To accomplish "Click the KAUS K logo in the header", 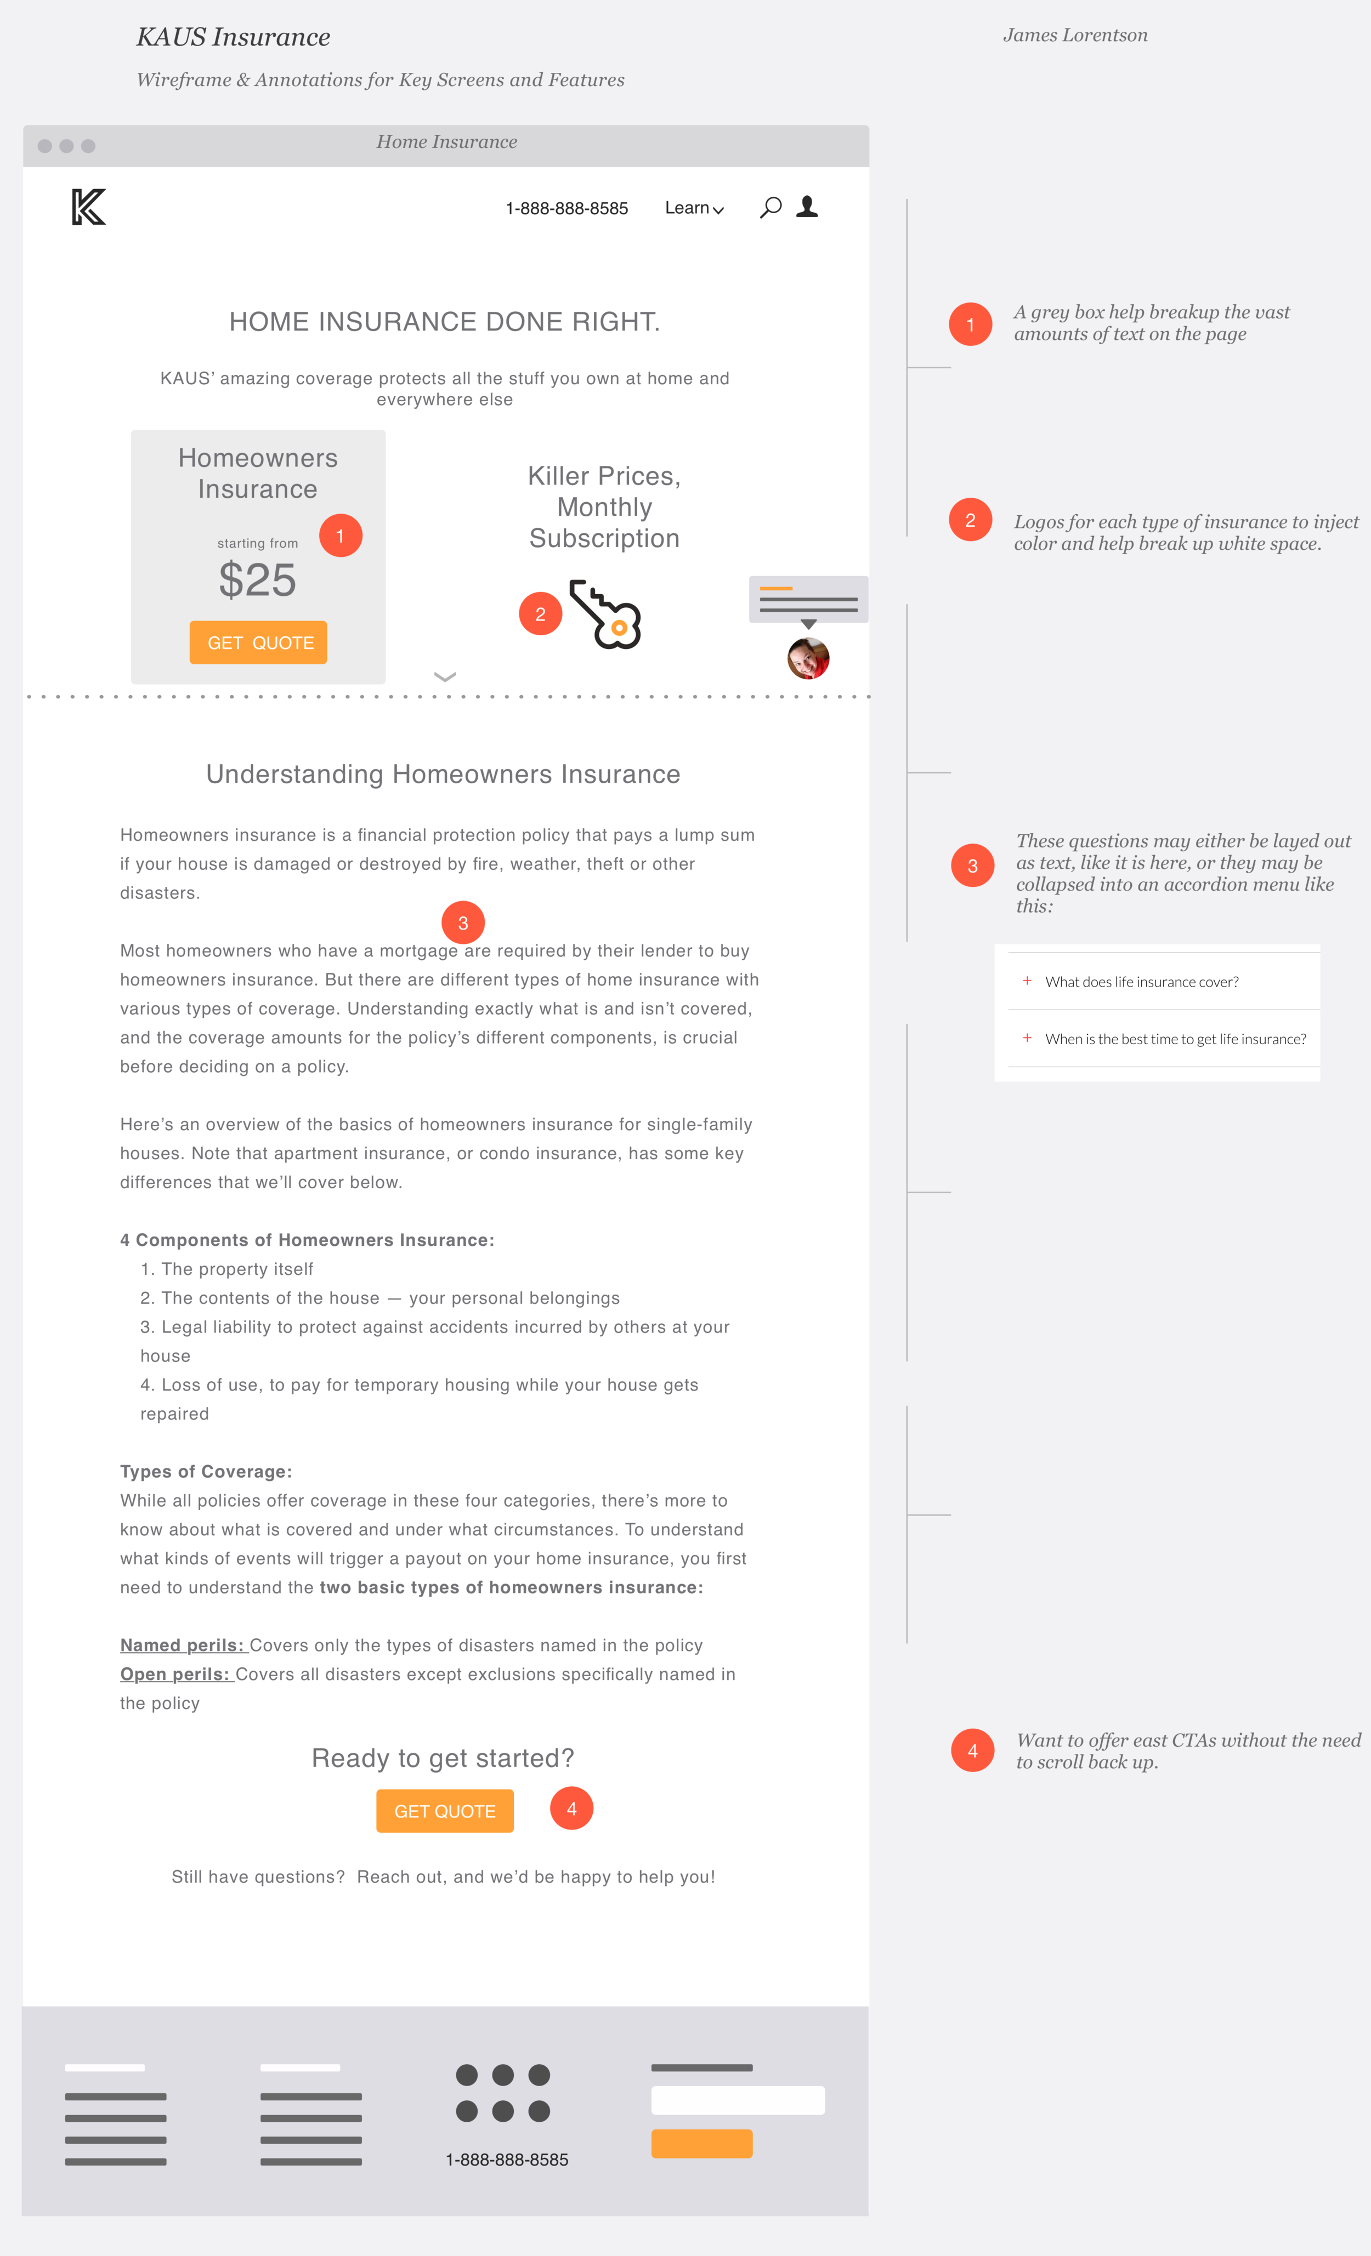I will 89,207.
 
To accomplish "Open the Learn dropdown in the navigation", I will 693,209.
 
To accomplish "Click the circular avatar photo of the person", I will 808,658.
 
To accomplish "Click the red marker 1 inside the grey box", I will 340,535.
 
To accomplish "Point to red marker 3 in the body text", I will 462,923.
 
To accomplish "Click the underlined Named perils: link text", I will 182,1645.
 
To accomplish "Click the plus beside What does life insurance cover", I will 1027,981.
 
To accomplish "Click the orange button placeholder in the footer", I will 701,2144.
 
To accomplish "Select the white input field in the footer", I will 737,2100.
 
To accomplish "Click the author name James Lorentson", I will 1074,36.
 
